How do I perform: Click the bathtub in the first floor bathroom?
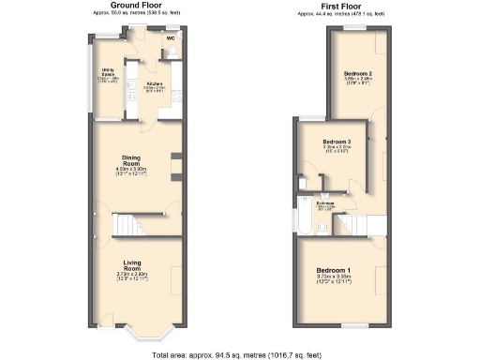click(305, 216)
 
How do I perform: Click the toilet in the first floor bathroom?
click(303, 183)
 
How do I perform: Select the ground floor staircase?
click(132, 225)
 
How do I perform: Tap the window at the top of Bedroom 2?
click(356, 28)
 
